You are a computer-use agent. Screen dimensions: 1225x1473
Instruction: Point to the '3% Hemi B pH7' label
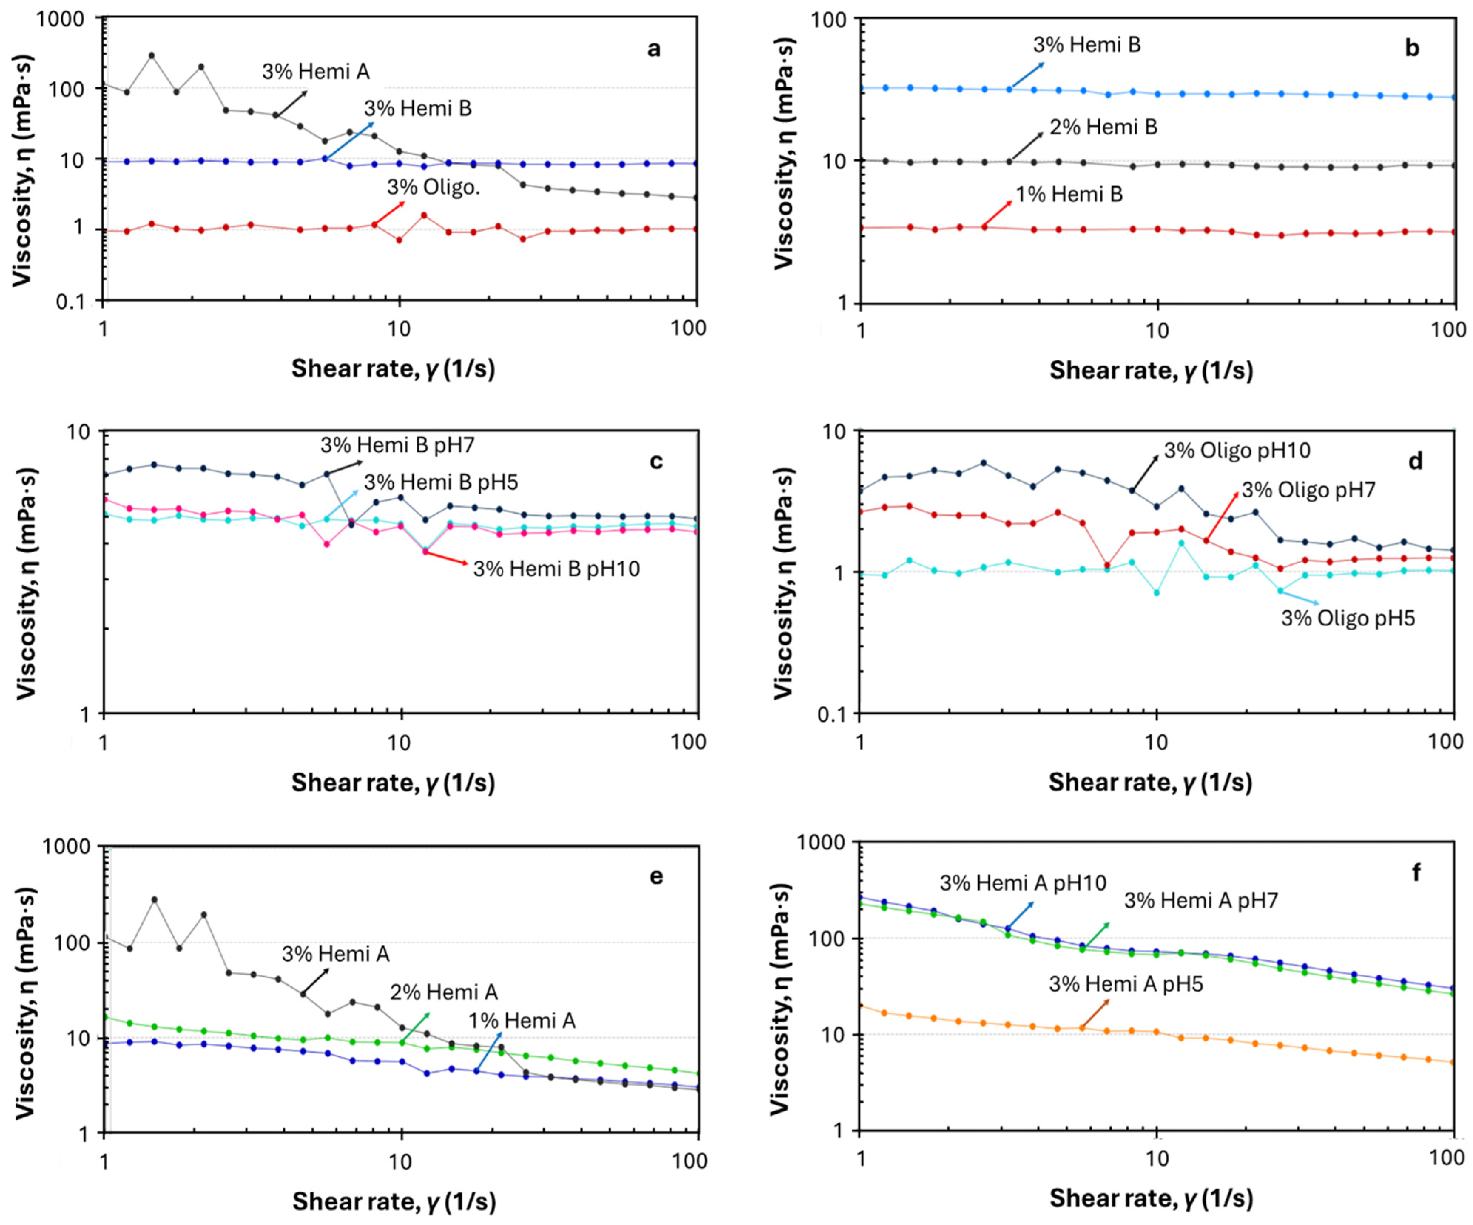(398, 445)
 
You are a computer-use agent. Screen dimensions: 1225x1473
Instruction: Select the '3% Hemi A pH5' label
(1126, 985)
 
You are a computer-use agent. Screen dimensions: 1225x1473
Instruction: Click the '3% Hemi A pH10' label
(1023, 883)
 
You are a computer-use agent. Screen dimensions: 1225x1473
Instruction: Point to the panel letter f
(1416, 873)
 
